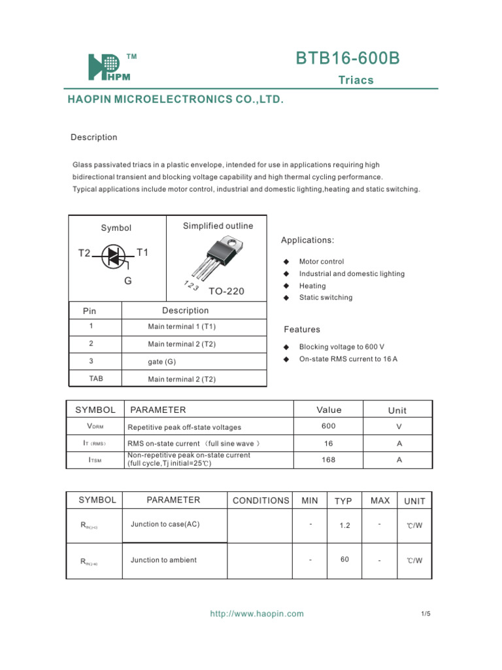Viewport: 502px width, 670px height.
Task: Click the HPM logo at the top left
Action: (105, 67)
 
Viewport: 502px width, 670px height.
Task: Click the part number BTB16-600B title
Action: (347, 59)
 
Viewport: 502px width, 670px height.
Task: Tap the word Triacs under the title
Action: (356, 80)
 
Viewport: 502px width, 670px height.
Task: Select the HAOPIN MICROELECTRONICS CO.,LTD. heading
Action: (176, 99)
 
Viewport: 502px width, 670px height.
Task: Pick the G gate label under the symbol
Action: (128, 281)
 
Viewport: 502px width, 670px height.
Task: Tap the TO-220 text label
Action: (226, 291)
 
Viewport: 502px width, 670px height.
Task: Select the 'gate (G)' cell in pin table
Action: (162, 361)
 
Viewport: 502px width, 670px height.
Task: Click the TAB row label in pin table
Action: (95, 379)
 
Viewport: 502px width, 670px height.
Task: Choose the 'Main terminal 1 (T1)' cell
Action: (182, 326)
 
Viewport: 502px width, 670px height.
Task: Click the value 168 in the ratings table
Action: (328, 460)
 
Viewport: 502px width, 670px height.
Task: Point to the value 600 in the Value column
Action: (328, 426)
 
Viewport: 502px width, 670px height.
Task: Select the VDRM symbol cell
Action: (95, 427)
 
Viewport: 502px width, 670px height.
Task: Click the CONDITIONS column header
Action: (261, 501)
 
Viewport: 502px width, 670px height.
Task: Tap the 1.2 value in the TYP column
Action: (345, 525)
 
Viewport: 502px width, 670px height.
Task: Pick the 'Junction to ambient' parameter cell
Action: (163, 560)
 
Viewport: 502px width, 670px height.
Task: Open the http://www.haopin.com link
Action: (257, 614)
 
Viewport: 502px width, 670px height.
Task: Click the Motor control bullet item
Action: (321, 262)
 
